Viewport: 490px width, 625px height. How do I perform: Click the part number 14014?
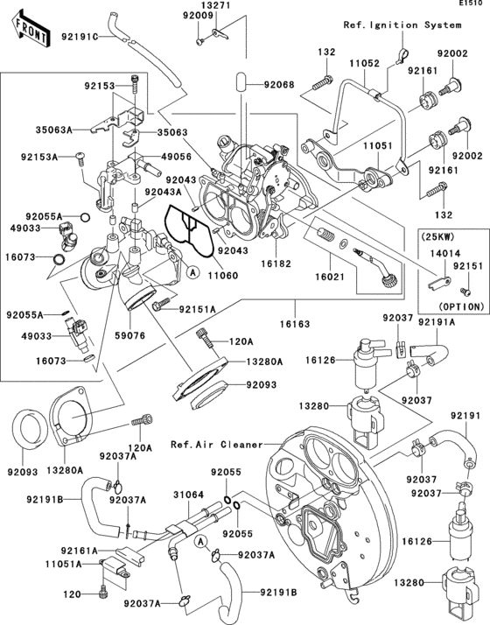pyautogui.click(x=439, y=251)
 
